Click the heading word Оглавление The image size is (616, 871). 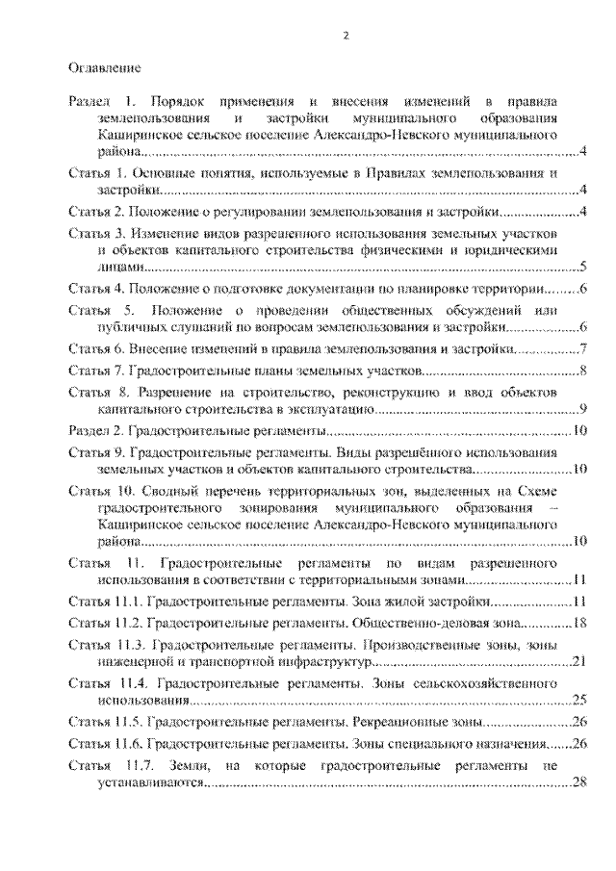tap(106, 69)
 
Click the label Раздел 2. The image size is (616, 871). tap(97, 430)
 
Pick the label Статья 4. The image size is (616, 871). tap(96, 288)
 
